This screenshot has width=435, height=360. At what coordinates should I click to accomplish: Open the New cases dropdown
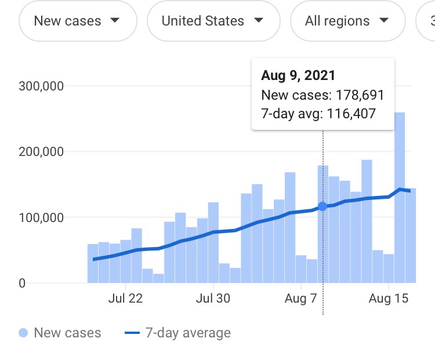tap(77, 21)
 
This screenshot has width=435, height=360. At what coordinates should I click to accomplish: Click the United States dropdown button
tap(212, 21)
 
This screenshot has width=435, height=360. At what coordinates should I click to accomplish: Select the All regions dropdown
tap(347, 21)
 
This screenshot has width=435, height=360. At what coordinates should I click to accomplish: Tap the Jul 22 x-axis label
tap(125, 299)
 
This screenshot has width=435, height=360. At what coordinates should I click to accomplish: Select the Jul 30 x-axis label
tap(213, 299)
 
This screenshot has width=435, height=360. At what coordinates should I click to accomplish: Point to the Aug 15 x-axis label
tap(389, 299)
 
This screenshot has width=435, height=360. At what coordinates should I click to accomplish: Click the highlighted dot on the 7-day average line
tap(323, 206)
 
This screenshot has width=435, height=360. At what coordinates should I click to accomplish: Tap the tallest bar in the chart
tap(400, 197)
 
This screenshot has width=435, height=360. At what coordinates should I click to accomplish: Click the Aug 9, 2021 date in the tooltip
tap(298, 75)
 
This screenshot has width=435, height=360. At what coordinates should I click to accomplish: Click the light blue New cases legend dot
tap(23, 333)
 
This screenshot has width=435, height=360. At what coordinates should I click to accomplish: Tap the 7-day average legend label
tap(188, 333)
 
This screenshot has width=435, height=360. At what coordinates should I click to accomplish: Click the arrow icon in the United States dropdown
tap(259, 21)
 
